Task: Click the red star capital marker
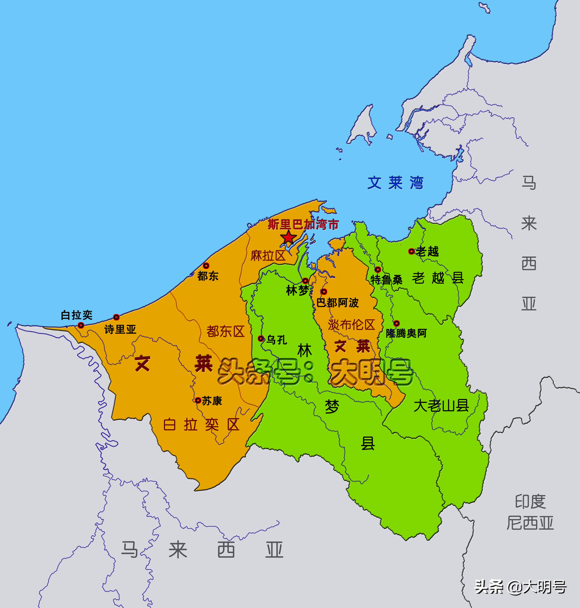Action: pyautogui.click(x=288, y=237)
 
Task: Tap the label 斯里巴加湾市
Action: pyautogui.click(x=303, y=225)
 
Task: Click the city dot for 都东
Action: pyautogui.click(x=206, y=265)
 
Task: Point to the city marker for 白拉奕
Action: pyautogui.click(x=81, y=325)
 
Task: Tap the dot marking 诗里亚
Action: pyautogui.click(x=116, y=317)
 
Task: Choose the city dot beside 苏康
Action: pyautogui.click(x=198, y=400)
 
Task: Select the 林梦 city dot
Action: pyautogui.click(x=305, y=281)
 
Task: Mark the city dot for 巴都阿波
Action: pyautogui.click(x=324, y=291)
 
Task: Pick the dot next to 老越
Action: pyautogui.click(x=411, y=251)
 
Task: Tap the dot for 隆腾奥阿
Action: pyautogui.click(x=397, y=323)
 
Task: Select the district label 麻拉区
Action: pyautogui.click(x=268, y=256)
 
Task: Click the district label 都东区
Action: pyautogui.click(x=225, y=332)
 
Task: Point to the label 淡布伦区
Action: pyautogui.click(x=351, y=325)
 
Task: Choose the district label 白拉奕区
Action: pyautogui.click(x=201, y=425)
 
